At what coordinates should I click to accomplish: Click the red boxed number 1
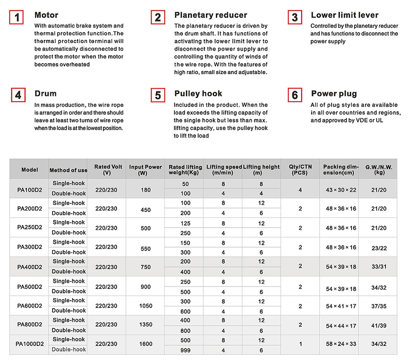coord(16,18)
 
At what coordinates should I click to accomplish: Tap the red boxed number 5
coord(158,96)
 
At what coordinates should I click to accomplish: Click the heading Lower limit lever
coord(344,15)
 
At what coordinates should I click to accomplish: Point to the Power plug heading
coord(334,94)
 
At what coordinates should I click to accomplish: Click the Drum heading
coord(46,94)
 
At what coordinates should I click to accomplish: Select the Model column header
coord(29,170)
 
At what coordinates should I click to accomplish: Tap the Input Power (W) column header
coord(145,170)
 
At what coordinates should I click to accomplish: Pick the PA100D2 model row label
coord(29,189)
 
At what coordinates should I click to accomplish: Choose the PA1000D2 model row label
coord(29,344)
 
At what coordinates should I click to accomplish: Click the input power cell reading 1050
coord(145,306)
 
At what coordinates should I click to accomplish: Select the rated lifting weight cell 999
coord(185,350)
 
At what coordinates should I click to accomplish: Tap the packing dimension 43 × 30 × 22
coord(341,189)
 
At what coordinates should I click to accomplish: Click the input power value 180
coord(145,189)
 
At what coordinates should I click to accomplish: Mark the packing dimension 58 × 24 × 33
coord(341,345)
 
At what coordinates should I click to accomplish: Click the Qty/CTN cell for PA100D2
coord(300,189)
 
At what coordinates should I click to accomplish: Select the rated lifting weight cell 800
coord(185,330)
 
